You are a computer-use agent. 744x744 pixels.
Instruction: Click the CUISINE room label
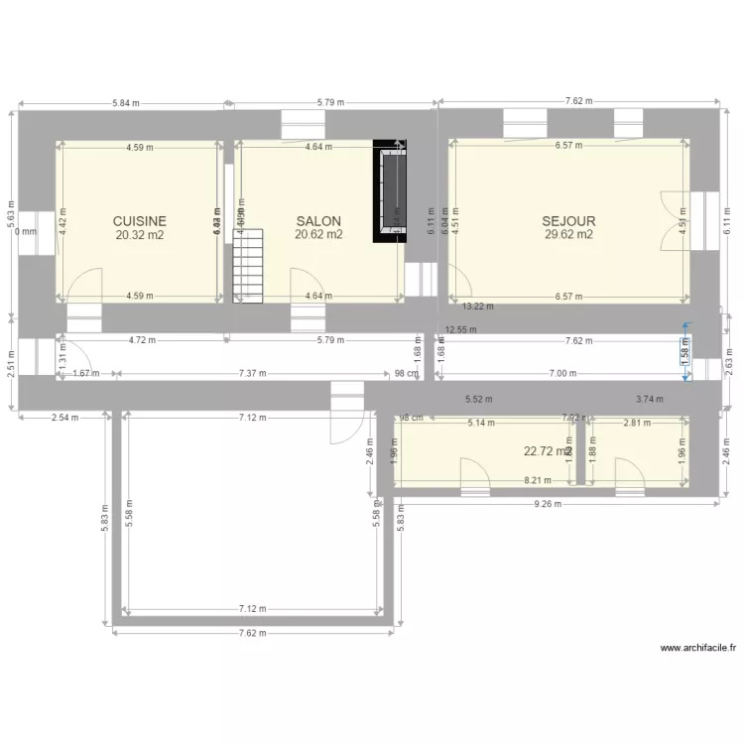tap(139, 221)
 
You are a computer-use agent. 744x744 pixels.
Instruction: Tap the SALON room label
tap(318, 221)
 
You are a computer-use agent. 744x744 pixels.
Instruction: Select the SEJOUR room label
tap(568, 221)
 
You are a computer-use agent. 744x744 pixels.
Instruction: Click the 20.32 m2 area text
tap(139, 235)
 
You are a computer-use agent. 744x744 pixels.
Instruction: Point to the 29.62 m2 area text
tap(568, 235)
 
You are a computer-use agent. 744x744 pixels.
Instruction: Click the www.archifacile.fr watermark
tap(697, 648)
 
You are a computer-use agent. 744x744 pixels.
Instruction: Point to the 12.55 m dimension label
tap(461, 329)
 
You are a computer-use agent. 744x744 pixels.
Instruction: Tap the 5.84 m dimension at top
tap(126, 102)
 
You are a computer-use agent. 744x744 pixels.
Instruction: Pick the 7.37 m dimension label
tap(254, 374)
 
